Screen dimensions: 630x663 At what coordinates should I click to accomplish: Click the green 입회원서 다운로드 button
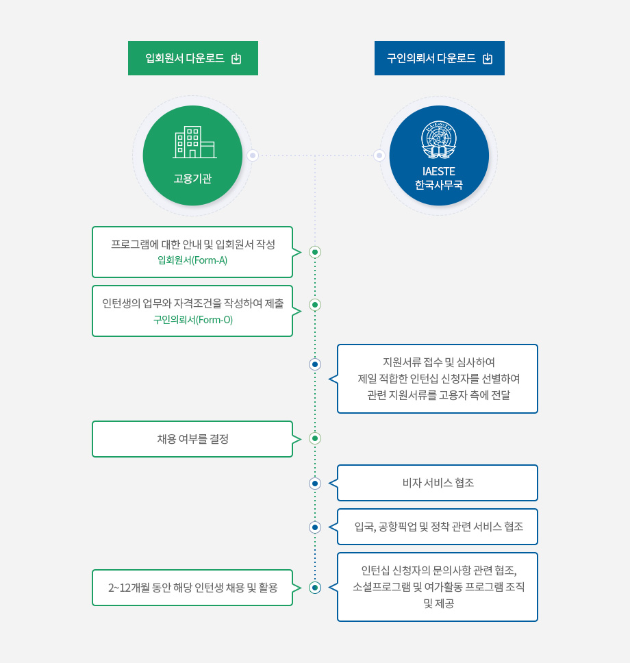point(193,58)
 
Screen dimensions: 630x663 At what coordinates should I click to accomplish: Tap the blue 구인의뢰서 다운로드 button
point(440,58)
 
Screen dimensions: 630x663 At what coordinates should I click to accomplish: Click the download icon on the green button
point(236,58)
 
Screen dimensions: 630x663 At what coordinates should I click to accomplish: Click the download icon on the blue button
point(488,58)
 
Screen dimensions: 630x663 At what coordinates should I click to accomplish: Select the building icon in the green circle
point(194,142)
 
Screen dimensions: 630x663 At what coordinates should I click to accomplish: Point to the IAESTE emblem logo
point(439,140)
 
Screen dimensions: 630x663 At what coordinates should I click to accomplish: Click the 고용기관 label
point(192,179)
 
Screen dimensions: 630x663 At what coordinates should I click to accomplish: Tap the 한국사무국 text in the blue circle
point(439,185)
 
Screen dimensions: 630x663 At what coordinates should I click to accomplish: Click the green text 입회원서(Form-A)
point(192,260)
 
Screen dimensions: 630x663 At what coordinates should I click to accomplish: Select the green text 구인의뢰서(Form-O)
point(193,320)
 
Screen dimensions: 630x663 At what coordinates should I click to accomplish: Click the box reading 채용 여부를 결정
point(192,439)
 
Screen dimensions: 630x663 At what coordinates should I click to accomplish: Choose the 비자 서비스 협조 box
point(438,483)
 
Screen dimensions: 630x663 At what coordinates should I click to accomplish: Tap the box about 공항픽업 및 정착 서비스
point(438,527)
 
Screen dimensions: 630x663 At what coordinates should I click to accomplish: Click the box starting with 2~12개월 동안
point(192,588)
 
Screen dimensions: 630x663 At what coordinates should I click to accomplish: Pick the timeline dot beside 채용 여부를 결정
point(315,438)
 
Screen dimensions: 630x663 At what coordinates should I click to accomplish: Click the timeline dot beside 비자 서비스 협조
point(315,484)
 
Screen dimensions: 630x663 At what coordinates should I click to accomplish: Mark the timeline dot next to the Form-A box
point(315,252)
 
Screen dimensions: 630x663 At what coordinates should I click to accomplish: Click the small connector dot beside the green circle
point(253,155)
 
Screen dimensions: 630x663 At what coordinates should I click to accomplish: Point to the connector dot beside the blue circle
point(379,155)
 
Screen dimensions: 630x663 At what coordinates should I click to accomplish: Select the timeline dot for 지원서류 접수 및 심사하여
point(315,364)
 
